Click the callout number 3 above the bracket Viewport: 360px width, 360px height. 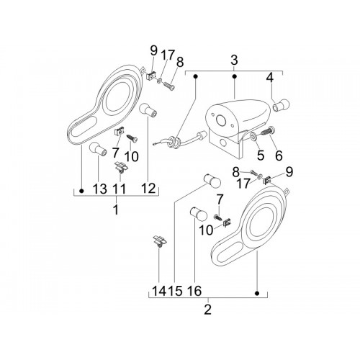tap(234, 60)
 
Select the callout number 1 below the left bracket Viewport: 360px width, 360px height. tap(116, 210)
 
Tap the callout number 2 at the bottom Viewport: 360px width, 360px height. tap(208, 310)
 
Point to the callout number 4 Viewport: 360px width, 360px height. tap(270, 78)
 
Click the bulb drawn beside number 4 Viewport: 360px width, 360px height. tap(282, 105)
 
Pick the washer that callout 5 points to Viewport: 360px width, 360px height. tap(253, 136)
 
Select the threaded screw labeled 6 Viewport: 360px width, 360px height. tap(267, 131)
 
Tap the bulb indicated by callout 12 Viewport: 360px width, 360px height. tap(148, 110)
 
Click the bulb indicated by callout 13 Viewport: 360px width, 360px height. tap(98, 149)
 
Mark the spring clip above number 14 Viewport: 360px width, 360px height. tap(160, 241)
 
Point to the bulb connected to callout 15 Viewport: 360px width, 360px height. tap(212, 181)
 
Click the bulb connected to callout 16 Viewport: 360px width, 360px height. tap(199, 214)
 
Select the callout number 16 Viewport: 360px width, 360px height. tap(194, 291)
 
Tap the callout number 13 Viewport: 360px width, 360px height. tap(100, 189)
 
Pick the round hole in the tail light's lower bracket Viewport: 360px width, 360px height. tap(223, 143)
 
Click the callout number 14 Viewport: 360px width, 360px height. tap(159, 291)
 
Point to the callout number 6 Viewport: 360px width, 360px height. tap(279, 156)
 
